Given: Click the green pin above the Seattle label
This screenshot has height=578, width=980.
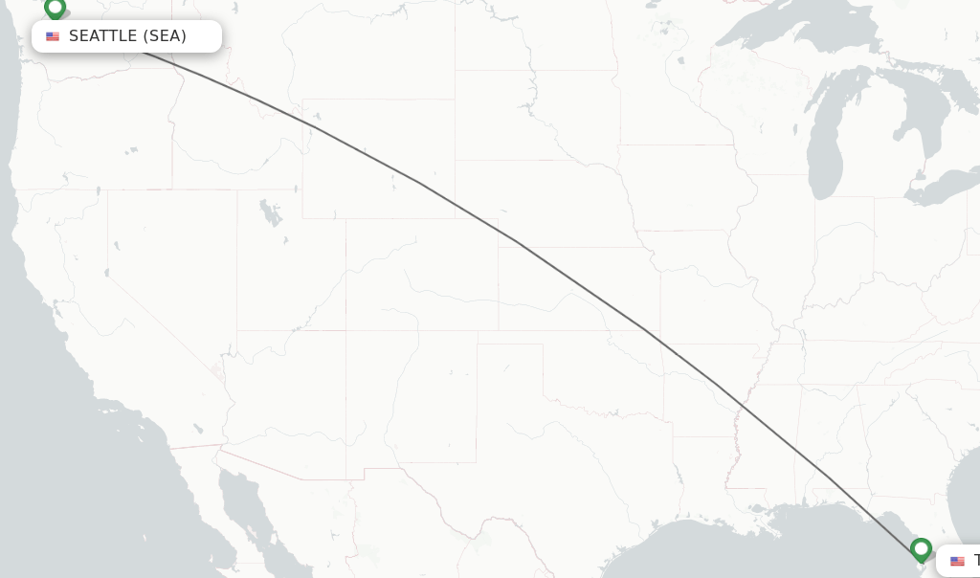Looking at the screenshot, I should point(55,9).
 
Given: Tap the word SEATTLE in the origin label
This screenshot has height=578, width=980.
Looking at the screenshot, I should point(102,36).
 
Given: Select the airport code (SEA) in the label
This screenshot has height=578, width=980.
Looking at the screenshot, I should point(165,36).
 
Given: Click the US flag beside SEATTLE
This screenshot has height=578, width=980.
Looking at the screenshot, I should point(53,36).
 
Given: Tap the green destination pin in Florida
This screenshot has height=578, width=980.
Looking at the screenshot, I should point(921,549).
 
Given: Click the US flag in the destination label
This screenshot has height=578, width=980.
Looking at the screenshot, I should point(957,561).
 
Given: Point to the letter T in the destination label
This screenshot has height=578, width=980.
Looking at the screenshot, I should point(976,561).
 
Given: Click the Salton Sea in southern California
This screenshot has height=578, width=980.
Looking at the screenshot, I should point(198,430).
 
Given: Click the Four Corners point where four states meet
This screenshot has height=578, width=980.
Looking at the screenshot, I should point(346,331).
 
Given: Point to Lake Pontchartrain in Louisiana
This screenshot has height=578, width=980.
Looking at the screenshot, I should point(759,508).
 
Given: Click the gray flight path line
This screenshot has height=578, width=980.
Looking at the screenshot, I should point(517,242).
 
